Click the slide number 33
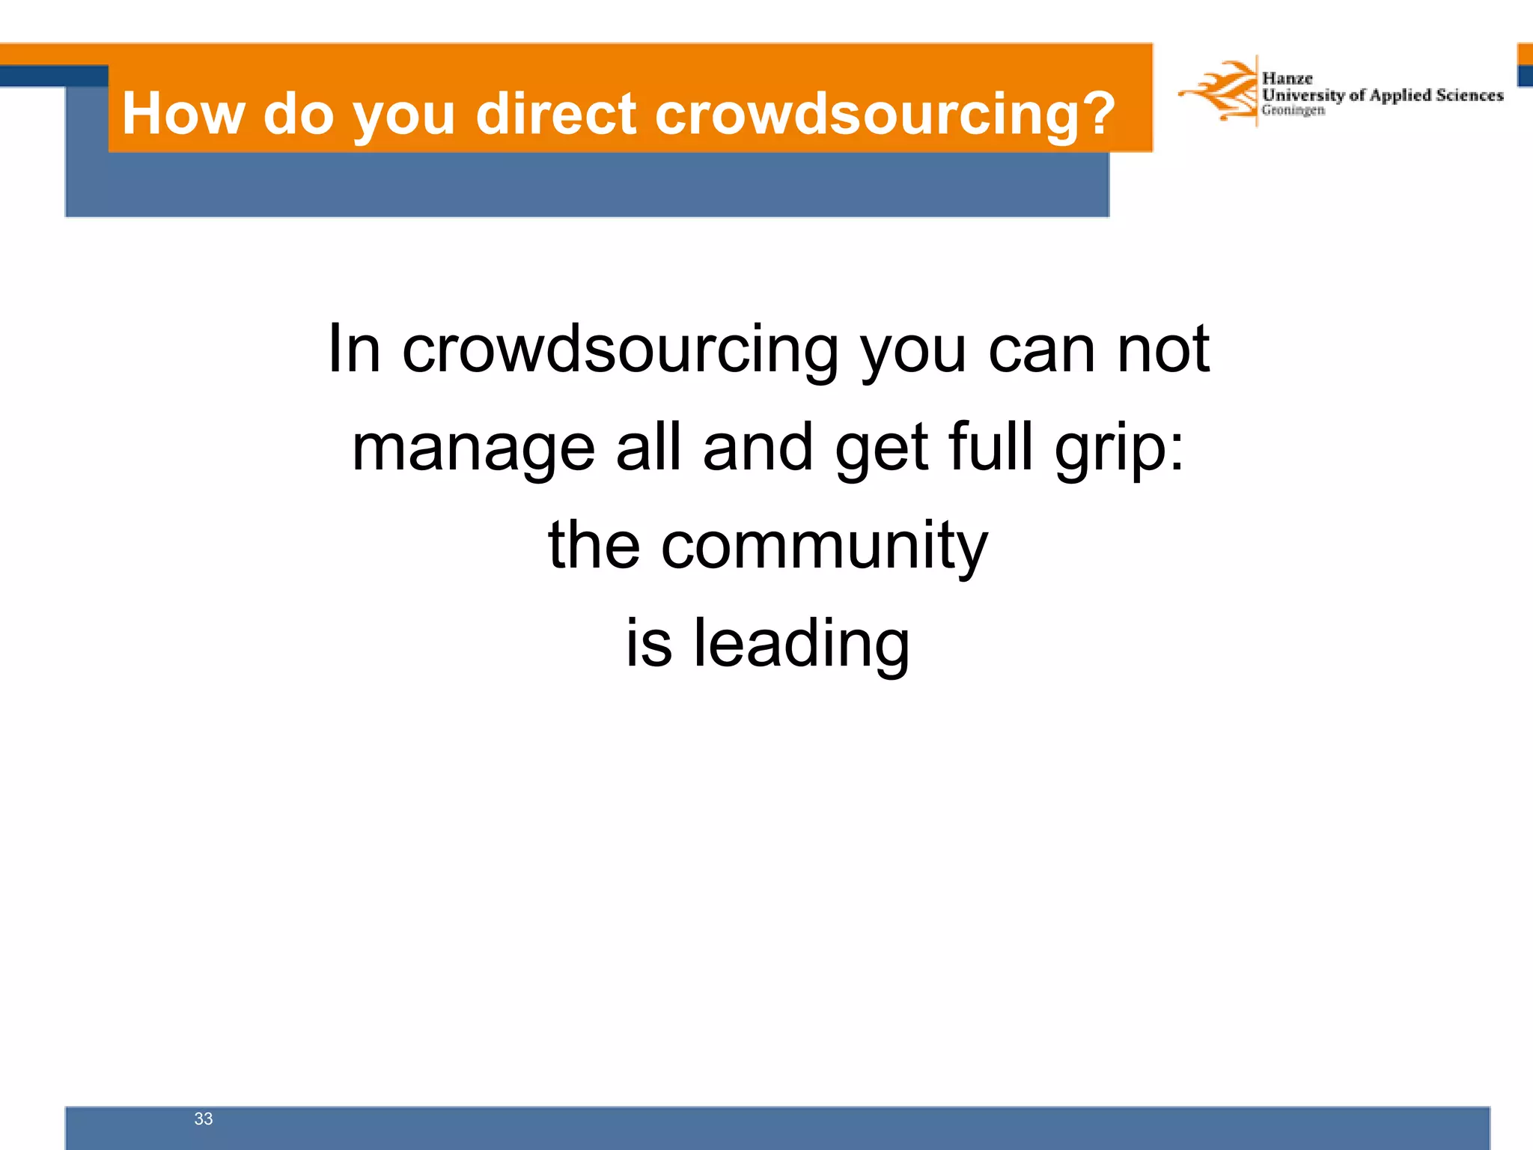pos(204,1119)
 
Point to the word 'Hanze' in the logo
pos(1287,79)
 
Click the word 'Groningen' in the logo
pos(1293,111)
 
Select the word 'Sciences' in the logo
pos(1469,95)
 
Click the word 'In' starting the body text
pos(354,349)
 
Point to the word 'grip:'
pos(1119,449)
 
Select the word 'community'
pos(824,547)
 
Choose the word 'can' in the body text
pos(1042,350)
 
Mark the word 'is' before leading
pos(648,644)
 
